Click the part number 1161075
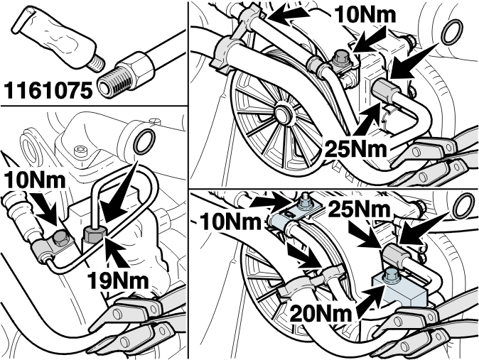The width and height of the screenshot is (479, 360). [x=48, y=91]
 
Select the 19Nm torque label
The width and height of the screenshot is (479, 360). [x=118, y=280]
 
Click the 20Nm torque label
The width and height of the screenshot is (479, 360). [x=321, y=314]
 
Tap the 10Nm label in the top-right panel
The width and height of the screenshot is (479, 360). [x=365, y=14]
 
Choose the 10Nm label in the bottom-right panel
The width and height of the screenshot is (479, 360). [x=230, y=222]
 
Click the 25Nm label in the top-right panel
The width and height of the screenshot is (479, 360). [x=355, y=148]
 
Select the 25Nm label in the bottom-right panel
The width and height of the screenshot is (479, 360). [x=360, y=209]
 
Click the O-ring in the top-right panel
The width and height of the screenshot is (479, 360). [x=453, y=32]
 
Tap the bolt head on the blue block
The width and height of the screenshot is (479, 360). [x=389, y=275]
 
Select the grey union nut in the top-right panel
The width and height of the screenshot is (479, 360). [x=385, y=91]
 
